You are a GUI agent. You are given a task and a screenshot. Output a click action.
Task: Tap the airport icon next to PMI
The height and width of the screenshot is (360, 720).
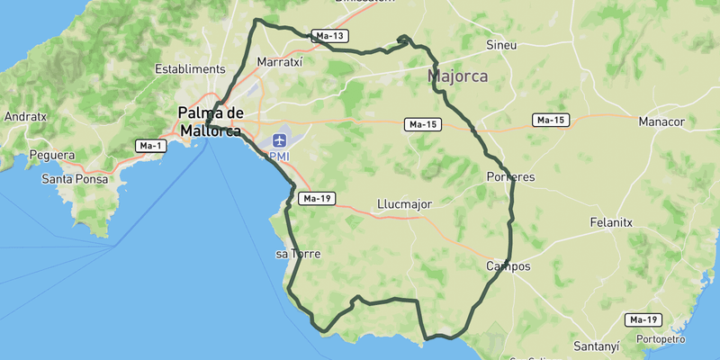279,140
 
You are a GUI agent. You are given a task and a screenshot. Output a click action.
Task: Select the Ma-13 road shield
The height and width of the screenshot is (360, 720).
328,36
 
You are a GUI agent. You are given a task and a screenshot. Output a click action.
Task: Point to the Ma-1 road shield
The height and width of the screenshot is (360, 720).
149,146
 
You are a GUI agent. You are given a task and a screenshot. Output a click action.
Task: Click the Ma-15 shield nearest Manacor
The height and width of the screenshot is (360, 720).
550,120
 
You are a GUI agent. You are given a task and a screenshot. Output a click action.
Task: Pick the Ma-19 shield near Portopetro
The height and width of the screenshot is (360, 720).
643,319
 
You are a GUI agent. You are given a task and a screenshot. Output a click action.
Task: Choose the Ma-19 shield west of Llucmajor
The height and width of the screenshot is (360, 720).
318,198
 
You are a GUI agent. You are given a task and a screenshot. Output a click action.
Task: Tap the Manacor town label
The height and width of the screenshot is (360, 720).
661,121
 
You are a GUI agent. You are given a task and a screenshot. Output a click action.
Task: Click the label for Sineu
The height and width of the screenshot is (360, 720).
501,44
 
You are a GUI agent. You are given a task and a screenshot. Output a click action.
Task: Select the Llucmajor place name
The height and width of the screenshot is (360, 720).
404,204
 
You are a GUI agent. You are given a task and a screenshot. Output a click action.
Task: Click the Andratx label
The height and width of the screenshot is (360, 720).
25,116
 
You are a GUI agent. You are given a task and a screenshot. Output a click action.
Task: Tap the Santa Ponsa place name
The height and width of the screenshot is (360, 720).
75,179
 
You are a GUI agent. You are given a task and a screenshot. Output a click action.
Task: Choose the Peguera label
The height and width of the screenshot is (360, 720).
51,155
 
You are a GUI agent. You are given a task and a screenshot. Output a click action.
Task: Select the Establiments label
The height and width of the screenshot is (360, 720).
189,68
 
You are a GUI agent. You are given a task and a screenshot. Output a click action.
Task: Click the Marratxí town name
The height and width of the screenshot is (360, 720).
279,63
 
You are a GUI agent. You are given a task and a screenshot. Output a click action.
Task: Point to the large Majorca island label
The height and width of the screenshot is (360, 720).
458,76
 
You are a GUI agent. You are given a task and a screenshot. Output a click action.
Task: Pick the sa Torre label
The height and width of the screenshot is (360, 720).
298,254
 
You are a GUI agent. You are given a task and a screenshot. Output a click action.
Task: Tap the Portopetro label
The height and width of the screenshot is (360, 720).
660,339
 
